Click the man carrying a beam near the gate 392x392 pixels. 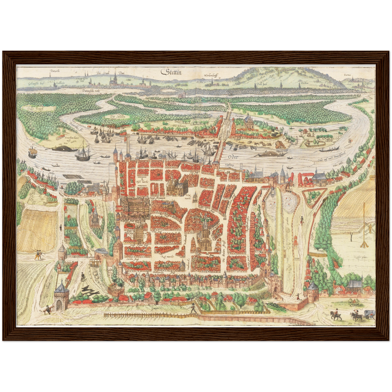click(47, 309)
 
